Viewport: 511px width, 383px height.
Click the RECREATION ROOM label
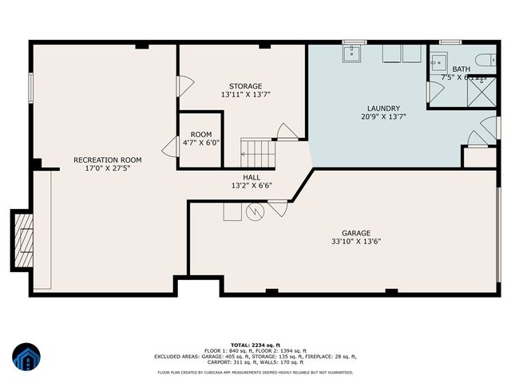(x=101, y=160)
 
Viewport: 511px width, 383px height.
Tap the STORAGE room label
(x=245, y=86)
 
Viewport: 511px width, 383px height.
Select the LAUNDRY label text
(x=383, y=109)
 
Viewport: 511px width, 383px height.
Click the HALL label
(x=252, y=177)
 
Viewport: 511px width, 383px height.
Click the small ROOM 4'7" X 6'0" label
(x=200, y=135)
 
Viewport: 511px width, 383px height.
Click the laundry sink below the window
(x=353, y=53)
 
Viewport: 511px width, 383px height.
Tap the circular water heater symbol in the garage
(x=255, y=211)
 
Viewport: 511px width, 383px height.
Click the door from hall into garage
(x=277, y=208)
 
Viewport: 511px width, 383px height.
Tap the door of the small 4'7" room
(x=170, y=146)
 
